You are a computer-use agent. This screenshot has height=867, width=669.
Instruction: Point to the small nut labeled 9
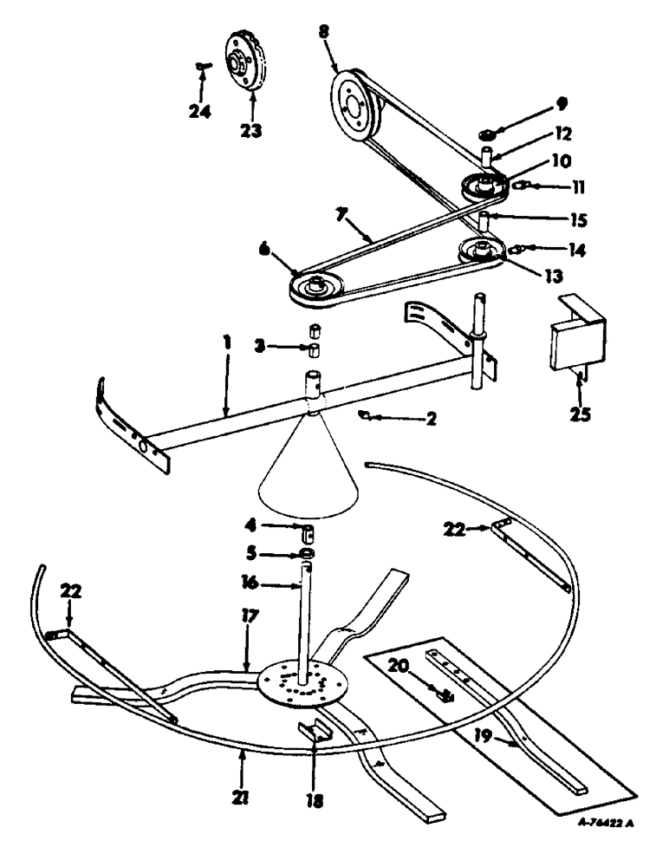tap(488, 134)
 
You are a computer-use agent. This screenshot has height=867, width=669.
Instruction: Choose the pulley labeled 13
tap(480, 252)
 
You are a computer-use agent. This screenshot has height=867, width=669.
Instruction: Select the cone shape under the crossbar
tap(309, 468)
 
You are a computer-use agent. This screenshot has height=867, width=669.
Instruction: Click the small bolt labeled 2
tap(367, 416)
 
